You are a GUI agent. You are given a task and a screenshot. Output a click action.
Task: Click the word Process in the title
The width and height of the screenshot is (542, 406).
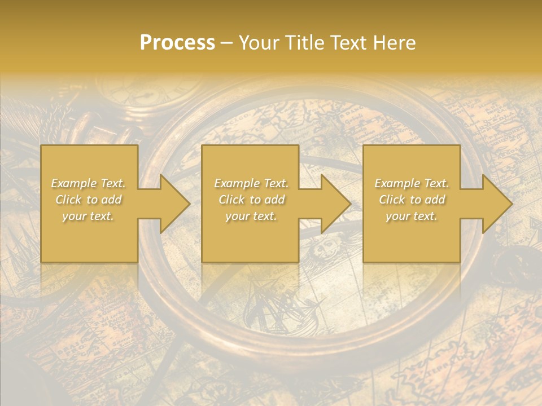(177, 43)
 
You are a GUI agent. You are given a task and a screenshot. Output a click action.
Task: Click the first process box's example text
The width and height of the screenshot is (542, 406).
(89, 200)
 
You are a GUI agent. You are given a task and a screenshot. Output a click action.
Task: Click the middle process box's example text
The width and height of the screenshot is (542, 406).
(251, 200)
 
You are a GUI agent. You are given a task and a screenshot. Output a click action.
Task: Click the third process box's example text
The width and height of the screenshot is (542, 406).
(412, 200)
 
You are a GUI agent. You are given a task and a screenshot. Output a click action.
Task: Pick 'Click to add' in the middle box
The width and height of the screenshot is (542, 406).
(251, 200)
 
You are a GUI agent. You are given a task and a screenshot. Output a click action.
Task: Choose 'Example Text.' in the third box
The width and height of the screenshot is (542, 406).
(412, 183)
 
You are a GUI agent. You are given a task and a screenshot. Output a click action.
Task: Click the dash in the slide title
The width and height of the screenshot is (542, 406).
(227, 43)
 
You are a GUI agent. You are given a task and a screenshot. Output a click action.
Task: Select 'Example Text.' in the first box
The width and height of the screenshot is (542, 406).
(89, 183)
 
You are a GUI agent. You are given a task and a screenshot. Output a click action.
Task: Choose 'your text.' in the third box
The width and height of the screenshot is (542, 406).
(412, 216)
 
